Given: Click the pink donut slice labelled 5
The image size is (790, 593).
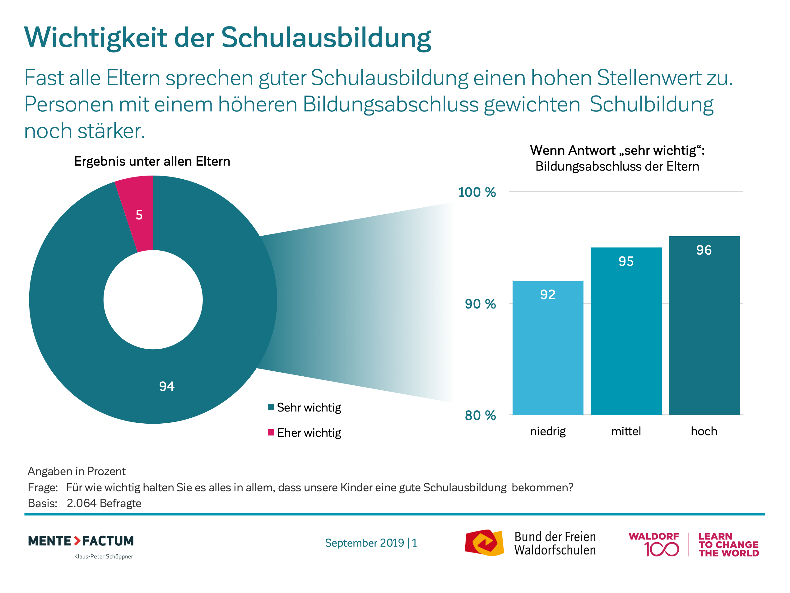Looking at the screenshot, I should (x=137, y=214).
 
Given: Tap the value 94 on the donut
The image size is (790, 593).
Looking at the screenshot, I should (x=167, y=386).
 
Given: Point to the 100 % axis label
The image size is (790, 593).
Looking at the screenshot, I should (x=477, y=192).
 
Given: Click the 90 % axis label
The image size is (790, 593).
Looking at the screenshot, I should (x=480, y=304).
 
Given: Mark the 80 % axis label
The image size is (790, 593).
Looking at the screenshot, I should (x=480, y=415).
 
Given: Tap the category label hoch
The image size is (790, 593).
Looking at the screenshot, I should (x=704, y=431).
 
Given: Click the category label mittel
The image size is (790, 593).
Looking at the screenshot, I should (x=626, y=431).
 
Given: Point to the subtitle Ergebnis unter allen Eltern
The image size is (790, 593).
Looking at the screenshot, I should (x=152, y=162).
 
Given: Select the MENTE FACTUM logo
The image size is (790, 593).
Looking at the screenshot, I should (x=81, y=541).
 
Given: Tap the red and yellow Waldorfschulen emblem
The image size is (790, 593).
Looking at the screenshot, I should (x=484, y=543).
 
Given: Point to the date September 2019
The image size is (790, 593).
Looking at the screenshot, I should (x=364, y=543).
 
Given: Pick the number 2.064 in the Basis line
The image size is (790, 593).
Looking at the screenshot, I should (x=81, y=503).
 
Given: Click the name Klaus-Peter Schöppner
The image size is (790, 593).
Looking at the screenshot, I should (x=104, y=557).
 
